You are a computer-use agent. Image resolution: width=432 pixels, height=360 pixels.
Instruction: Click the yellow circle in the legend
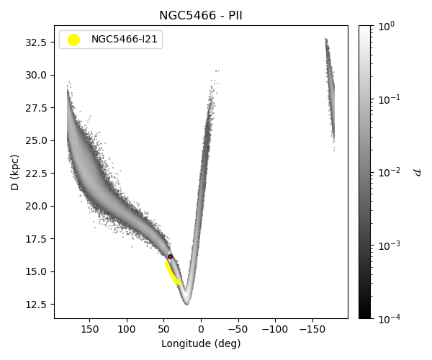[73, 40]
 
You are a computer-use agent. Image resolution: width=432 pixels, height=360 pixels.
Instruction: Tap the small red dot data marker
[170, 256]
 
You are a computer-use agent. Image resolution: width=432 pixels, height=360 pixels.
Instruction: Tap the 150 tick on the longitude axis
[89, 329]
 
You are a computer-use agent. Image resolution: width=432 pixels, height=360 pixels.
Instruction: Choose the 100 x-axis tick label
[127, 329]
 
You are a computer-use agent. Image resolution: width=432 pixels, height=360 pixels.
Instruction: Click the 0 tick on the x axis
[201, 329]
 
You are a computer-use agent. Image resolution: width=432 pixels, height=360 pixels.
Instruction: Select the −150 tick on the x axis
[310, 329]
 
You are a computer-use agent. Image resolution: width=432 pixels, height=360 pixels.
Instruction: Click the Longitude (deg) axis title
[201, 343]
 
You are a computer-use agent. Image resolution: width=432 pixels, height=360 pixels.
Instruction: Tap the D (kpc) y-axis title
[14, 172]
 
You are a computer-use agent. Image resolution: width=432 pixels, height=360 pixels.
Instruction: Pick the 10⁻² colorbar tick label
[389, 172]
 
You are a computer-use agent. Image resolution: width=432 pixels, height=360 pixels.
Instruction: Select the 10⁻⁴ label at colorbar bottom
[389, 318]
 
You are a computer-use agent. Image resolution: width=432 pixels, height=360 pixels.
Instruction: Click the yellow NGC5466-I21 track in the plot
[173, 274]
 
